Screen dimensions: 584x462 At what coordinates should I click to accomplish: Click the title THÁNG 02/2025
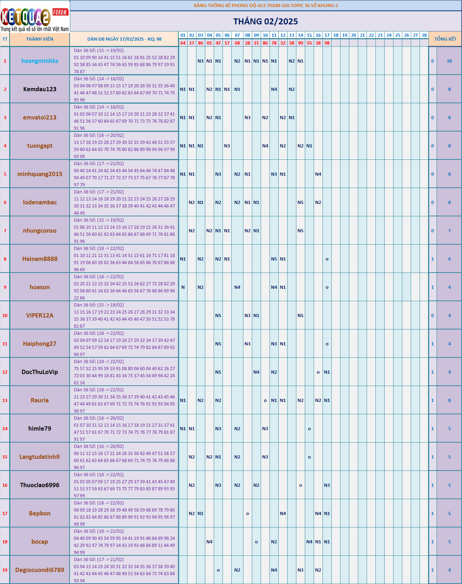(x=266, y=22)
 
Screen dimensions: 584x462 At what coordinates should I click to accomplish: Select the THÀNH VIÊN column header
(x=40, y=39)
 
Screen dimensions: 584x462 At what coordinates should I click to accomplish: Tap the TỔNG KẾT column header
(x=445, y=39)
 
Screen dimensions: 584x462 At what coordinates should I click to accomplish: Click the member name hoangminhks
(x=40, y=61)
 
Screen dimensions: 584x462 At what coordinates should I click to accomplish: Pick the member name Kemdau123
(x=40, y=89)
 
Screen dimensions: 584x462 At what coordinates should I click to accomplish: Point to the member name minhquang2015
(x=40, y=174)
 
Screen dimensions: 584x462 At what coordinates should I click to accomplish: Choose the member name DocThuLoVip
(x=40, y=372)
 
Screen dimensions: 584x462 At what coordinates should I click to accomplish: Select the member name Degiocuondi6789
(x=40, y=570)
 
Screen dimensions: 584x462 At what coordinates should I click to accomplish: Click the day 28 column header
(x=424, y=35)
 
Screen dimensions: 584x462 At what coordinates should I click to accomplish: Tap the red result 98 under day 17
(x=327, y=43)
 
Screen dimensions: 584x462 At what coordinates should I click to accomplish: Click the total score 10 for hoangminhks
(x=449, y=61)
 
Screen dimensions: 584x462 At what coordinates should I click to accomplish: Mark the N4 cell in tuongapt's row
(x=265, y=146)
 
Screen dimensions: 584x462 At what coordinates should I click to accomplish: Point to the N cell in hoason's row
(x=183, y=287)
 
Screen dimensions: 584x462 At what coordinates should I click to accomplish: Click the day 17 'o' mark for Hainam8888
(x=327, y=259)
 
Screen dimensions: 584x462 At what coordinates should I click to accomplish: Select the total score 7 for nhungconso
(x=449, y=231)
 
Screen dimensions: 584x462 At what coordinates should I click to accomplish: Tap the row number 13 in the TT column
(x=5, y=400)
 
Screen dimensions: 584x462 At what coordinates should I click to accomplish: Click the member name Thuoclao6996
(x=40, y=485)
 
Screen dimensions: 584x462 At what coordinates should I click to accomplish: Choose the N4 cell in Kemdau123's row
(x=274, y=89)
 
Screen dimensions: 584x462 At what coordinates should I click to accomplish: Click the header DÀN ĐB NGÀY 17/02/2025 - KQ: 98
(x=124, y=39)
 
